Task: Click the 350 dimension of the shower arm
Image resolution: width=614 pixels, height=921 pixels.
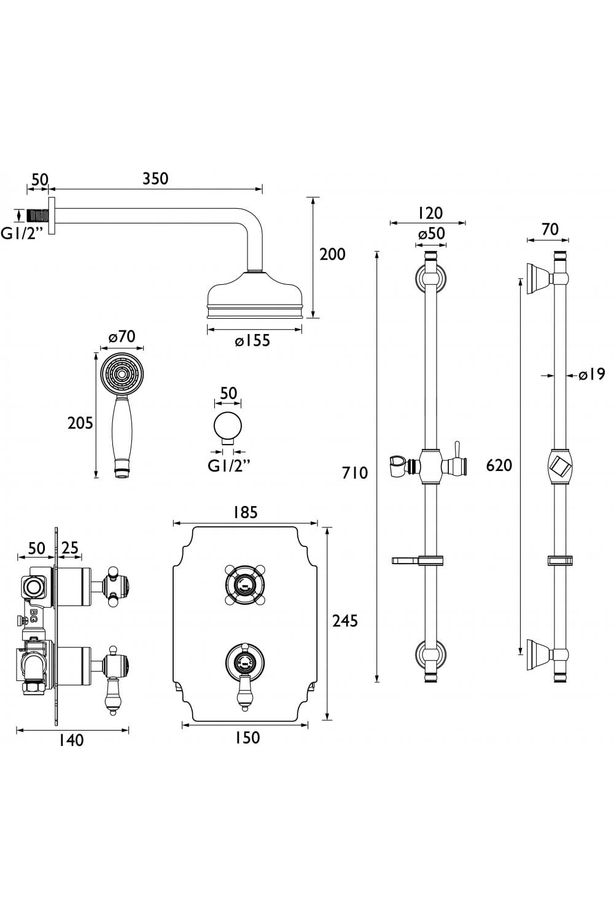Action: [x=155, y=179]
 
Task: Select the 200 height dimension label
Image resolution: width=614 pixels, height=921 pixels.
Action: [x=332, y=254]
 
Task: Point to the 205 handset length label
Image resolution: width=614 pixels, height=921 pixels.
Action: [x=80, y=422]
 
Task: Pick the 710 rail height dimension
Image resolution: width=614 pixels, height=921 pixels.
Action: [x=356, y=472]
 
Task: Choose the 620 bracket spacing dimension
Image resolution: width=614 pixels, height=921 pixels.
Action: [x=499, y=465]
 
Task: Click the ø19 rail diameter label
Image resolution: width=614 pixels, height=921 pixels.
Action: [x=592, y=373]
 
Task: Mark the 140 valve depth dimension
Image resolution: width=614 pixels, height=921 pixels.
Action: [x=71, y=740]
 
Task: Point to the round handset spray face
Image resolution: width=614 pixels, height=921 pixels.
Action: [x=121, y=373]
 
